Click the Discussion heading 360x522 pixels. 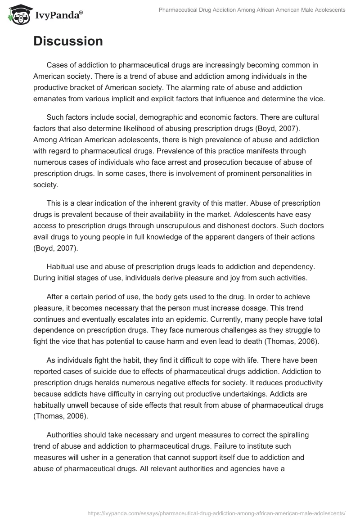(68, 41)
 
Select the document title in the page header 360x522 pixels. (252, 10)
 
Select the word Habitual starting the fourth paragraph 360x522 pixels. (62, 267)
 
